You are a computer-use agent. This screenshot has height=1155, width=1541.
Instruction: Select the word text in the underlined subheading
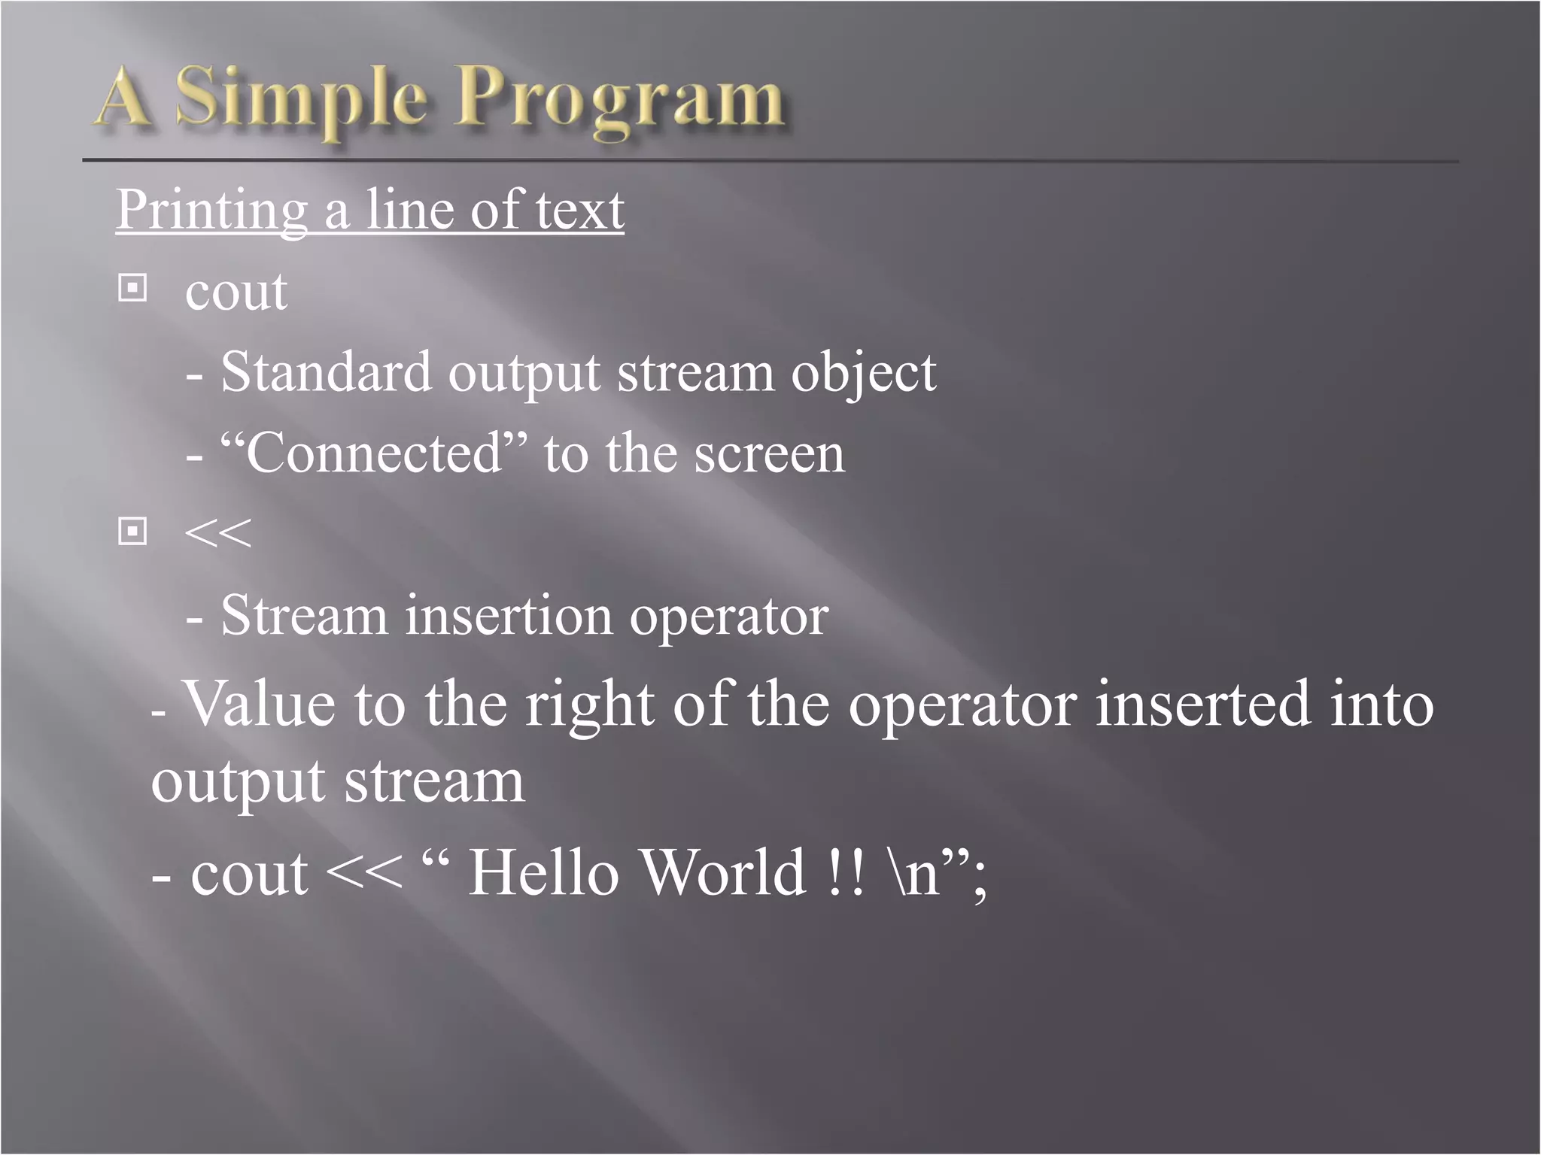click(x=579, y=210)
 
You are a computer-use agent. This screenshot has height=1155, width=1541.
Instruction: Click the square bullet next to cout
click(x=133, y=288)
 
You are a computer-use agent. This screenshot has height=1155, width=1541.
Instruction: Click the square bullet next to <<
click(x=133, y=532)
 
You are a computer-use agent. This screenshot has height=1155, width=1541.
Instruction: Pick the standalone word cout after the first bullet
click(x=236, y=292)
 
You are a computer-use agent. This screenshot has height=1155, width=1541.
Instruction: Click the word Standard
click(x=326, y=372)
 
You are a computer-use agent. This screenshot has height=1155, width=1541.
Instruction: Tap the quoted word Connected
click(x=373, y=453)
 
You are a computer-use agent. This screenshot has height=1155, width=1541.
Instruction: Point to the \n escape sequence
click(x=913, y=874)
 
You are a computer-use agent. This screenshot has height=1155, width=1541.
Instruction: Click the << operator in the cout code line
click(x=365, y=874)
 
